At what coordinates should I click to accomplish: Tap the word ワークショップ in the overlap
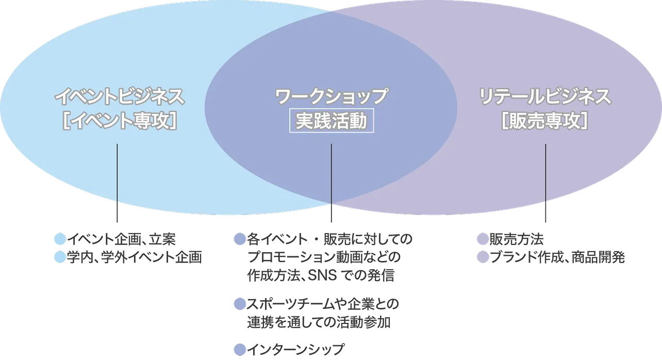click(331, 96)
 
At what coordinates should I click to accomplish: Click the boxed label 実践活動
click(331, 121)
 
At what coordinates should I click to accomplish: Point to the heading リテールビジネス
click(545, 96)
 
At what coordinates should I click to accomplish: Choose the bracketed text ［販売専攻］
click(545, 122)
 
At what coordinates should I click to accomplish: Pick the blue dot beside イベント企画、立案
click(60, 239)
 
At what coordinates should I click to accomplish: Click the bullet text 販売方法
click(517, 239)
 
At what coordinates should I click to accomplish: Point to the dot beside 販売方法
click(482, 239)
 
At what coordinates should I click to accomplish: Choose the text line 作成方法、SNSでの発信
click(322, 275)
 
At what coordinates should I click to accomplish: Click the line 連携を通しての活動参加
click(320, 322)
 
